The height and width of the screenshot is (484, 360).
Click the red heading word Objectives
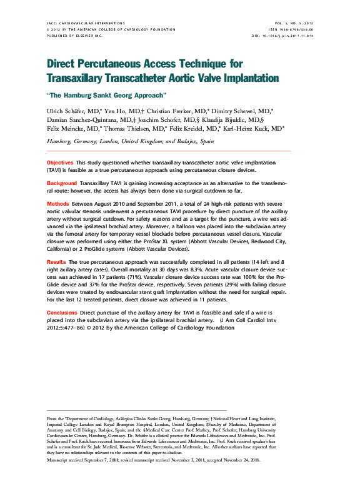click(60, 162)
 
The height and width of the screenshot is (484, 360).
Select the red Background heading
click(62, 183)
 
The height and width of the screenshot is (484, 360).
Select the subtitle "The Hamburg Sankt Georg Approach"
click(106, 96)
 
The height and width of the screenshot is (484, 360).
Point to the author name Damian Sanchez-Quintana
click(84, 119)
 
